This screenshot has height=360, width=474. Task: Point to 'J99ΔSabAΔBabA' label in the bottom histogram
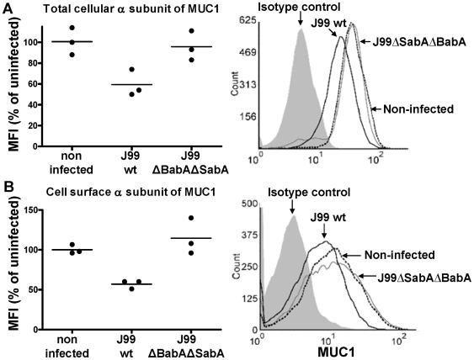click(x=413, y=277)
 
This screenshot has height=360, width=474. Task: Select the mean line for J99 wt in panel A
click(x=132, y=84)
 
